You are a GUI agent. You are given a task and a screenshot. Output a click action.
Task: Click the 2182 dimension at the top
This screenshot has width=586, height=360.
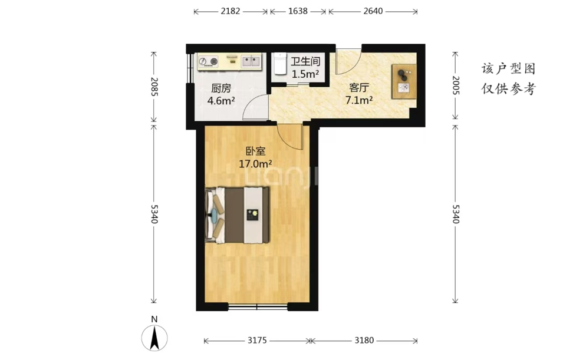click(x=230, y=11)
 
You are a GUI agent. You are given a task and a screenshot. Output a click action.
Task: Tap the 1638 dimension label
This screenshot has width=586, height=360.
click(x=298, y=11)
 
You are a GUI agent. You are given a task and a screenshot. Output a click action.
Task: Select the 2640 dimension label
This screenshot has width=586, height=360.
click(x=373, y=11)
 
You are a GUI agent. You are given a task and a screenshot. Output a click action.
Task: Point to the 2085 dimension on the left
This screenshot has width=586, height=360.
click(x=154, y=87)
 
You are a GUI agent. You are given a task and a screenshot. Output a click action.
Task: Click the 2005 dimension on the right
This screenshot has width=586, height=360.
click(x=456, y=85)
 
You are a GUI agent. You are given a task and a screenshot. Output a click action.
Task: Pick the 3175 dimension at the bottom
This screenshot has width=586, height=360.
click(x=257, y=340)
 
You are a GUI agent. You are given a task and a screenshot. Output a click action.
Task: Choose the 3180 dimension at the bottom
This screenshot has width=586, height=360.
click(x=364, y=340)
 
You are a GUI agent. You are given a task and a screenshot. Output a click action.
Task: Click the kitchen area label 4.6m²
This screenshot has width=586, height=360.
click(x=221, y=100)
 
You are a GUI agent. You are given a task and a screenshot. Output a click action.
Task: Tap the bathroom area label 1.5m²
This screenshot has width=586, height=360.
click(x=305, y=74)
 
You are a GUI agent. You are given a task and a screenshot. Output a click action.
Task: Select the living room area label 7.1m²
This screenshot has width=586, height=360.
click(x=359, y=100)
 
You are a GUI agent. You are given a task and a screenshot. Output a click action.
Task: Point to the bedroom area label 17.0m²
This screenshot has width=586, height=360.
click(x=255, y=164)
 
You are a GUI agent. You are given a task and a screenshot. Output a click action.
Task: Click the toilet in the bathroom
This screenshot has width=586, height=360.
click(x=279, y=64)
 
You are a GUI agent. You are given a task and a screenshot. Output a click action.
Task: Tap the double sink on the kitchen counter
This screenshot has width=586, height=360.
click(x=251, y=61)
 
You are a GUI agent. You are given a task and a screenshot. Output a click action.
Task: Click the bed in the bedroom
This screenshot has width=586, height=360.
click(x=238, y=216)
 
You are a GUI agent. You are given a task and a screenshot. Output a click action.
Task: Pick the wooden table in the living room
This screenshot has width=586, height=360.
click(x=404, y=81)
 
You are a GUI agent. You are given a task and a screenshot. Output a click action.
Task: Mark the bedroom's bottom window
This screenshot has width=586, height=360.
click(x=258, y=307)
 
